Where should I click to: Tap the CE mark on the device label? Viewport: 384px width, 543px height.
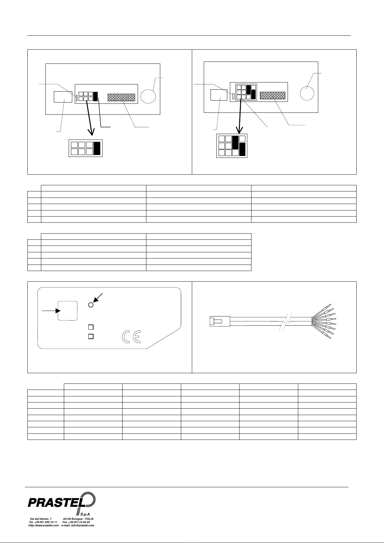coord(131,337)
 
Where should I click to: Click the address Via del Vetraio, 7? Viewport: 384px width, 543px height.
coord(40,519)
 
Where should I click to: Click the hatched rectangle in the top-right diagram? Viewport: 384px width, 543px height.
coord(272,95)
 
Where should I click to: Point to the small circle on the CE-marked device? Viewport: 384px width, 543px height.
coord(91,305)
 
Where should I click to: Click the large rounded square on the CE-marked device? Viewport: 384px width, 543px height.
coord(67,311)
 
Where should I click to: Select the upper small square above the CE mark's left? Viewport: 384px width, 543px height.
coord(91,327)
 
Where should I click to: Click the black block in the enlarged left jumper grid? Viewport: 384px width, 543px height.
coord(97,148)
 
